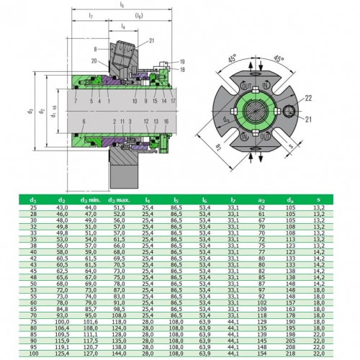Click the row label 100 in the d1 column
33,353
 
